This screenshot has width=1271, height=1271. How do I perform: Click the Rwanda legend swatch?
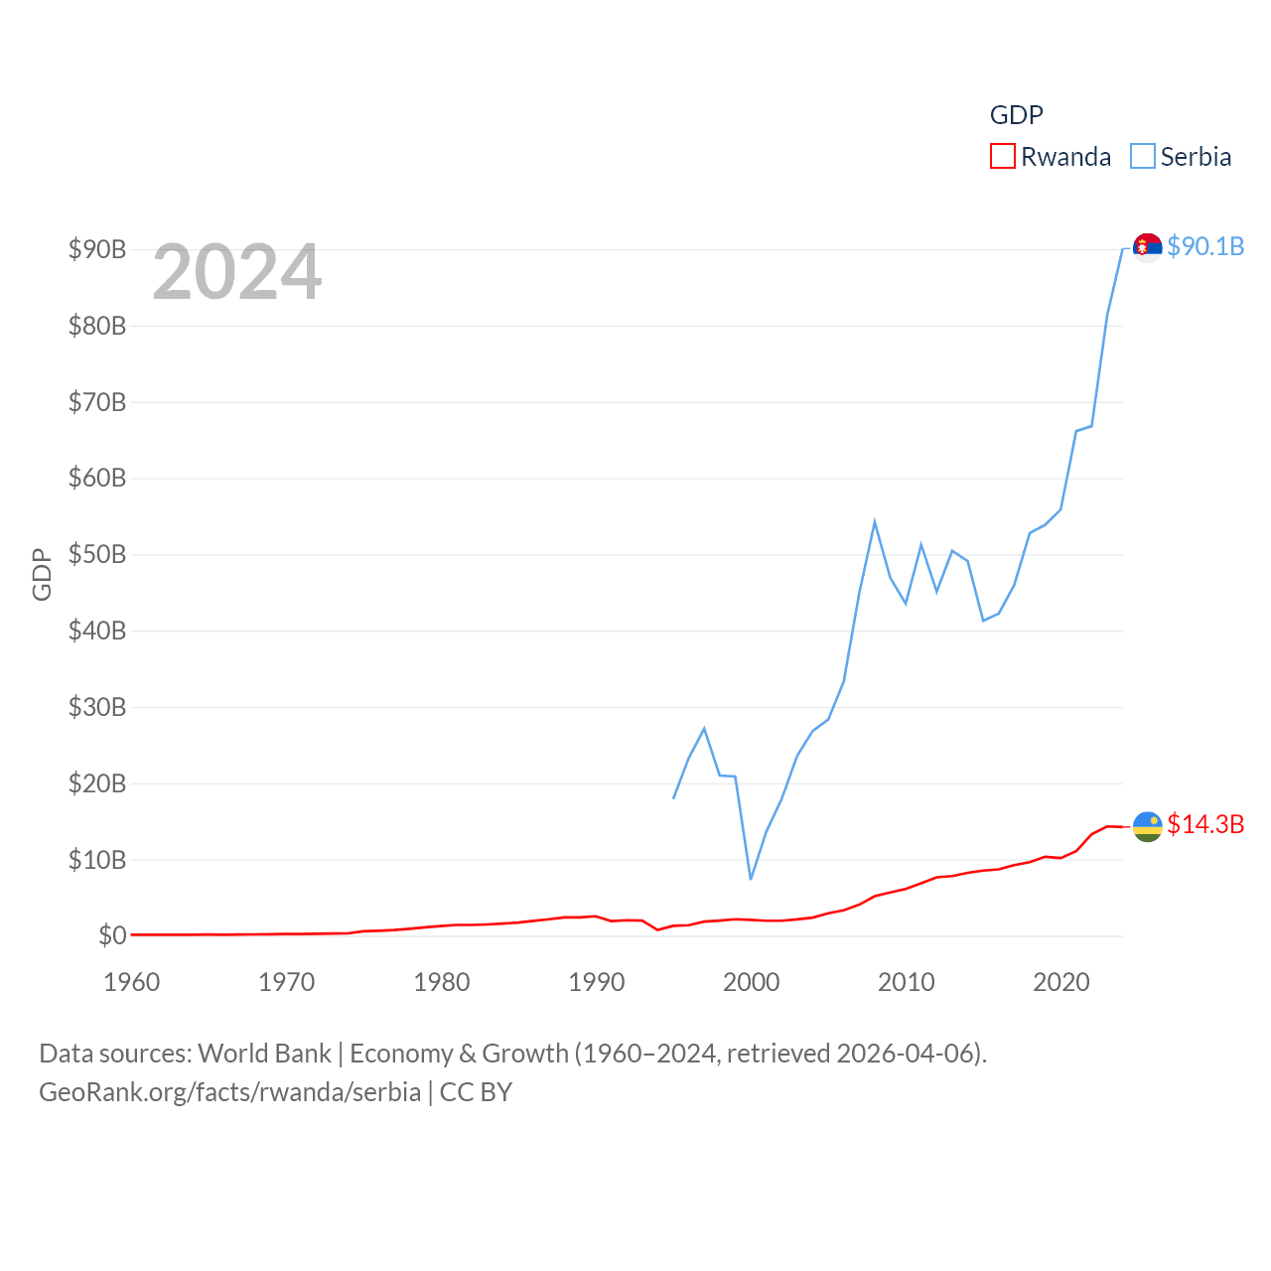[x=1003, y=157]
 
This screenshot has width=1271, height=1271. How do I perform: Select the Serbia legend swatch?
[x=1143, y=157]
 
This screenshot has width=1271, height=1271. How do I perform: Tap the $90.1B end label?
[x=1205, y=246]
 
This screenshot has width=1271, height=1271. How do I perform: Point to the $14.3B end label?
[x=1205, y=824]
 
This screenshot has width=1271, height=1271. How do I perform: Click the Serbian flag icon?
[x=1147, y=246]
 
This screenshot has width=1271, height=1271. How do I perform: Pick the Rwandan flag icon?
[x=1147, y=825]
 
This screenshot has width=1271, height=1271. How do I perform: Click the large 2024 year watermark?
[x=237, y=271]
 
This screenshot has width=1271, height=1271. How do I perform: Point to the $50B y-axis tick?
[x=97, y=554]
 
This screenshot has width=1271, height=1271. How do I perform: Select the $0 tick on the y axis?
[x=112, y=935]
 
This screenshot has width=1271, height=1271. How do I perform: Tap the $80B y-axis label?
[x=97, y=326]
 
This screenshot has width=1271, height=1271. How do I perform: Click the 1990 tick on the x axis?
[x=596, y=982]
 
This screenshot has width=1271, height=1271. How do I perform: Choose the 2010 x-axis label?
[x=906, y=982]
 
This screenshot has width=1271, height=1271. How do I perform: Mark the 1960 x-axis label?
[x=132, y=982]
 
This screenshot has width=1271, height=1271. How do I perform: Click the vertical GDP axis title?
[x=42, y=574]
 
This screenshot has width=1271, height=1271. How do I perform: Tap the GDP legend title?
[x=1017, y=115]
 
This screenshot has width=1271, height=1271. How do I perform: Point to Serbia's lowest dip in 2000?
[x=751, y=879]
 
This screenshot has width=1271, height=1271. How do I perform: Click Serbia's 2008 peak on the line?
[x=875, y=521]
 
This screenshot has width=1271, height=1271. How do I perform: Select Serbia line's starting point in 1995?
[x=673, y=797]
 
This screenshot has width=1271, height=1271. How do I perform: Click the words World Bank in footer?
[x=264, y=1053]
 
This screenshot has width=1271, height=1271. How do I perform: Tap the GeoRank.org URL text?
[x=229, y=1092]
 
